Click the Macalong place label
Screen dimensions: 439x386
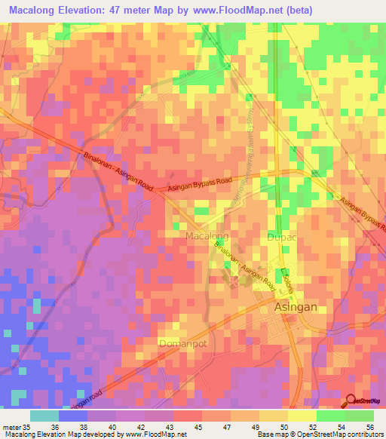tap(207, 236)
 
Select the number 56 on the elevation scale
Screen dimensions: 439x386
tap(369, 427)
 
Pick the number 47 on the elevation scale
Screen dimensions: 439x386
tap(227, 427)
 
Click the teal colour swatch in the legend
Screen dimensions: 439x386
tap(44, 416)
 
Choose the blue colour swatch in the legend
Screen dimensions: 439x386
tap(73, 416)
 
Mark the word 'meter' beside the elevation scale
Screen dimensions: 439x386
tap(11, 427)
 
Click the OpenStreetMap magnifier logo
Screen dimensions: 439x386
tap(352, 401)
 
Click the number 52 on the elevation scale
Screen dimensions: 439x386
tap(313, 427)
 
